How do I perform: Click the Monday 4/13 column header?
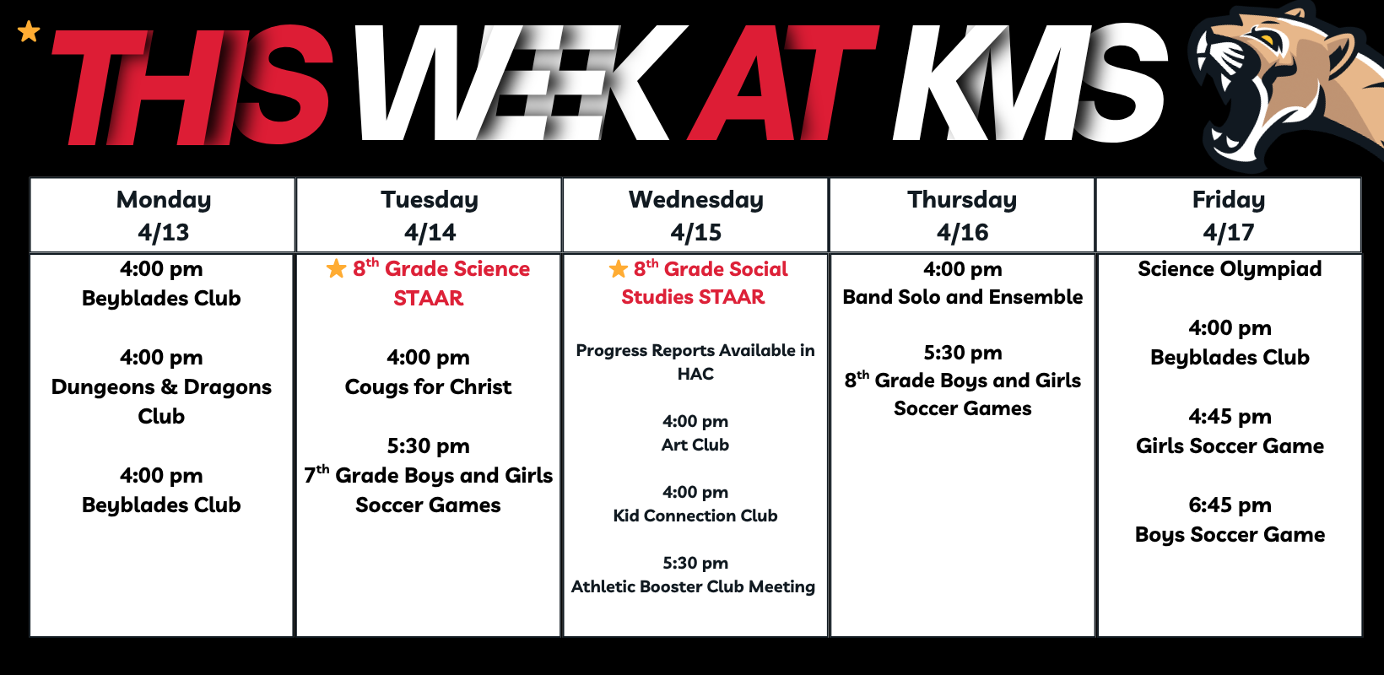coord(163,215)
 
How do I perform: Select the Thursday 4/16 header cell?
coord(962,215)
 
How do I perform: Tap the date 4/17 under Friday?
coord(1229,232)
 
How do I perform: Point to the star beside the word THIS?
coord(29,31)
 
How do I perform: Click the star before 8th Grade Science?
coord(336,268)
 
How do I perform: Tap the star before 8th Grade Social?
coord(618,268)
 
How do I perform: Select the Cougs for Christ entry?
coord(428,386)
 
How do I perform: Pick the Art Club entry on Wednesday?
coord(695,445)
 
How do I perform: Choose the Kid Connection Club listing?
coord(695,516)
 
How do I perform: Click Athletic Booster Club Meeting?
coord(693,586)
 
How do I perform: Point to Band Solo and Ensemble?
coord(963,297)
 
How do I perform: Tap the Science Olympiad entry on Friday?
coord(1230,269)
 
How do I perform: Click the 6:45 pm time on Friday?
coord(1230,505)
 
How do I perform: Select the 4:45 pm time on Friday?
coord(1230,417)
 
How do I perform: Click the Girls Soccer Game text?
coord(1230,445)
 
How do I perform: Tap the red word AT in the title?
coord(783,84)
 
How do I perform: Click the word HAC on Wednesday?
coord(695,375)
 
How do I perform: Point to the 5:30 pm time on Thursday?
coord(963,353)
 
